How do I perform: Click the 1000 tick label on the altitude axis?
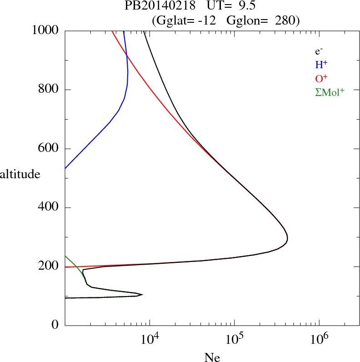tap(46, 30)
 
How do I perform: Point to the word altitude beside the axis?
tap(20, 174)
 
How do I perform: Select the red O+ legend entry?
tap(322, 79)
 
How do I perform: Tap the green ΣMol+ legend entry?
tap(330, 92)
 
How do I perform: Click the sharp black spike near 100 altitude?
tap(142, 294)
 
